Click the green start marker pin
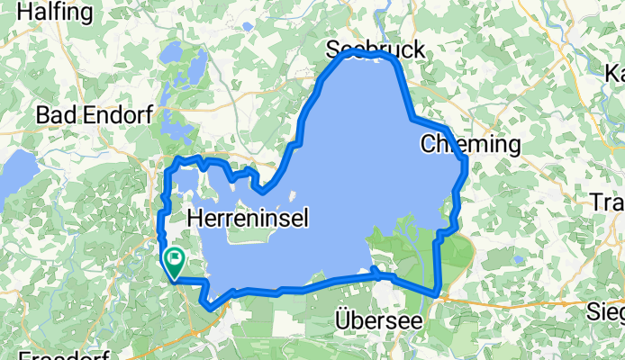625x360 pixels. click(x=173, y=262)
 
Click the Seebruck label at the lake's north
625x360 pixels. click(x=376, y=50)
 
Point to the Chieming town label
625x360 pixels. click(x=470, y=144)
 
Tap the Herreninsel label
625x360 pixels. click(x=249, y=217)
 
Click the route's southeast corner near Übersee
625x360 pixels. click(x=437, y=293)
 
